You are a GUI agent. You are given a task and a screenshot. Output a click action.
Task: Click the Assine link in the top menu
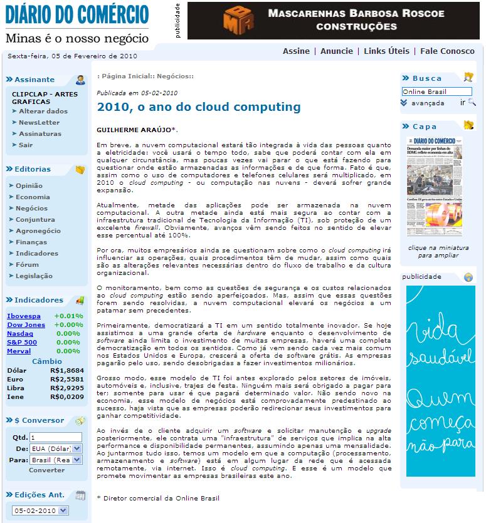click(x=296, y=51)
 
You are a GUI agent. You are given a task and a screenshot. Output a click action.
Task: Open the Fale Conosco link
click(x=447, y=51)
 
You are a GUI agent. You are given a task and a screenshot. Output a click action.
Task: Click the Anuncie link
click(x=337, y=51)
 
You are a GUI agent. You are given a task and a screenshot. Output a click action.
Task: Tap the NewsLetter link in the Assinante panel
click(x=39, y=123)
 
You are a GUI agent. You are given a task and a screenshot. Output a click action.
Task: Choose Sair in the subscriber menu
click(x=26, y=145)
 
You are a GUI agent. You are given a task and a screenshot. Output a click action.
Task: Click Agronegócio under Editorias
click(x=38, y=231)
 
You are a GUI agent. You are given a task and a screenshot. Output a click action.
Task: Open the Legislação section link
click(x=34, y=276)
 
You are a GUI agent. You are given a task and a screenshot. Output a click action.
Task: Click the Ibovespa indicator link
click(x=24, y=316)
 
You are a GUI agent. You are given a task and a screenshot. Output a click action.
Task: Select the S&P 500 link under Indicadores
click(x=22, y=343)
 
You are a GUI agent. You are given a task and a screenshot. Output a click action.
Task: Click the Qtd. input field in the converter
click(x=55, y=437)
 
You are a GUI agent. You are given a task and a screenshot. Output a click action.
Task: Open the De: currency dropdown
click(x=56, y=448)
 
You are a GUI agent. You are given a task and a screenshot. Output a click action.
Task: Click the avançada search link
click(x=428, y=103)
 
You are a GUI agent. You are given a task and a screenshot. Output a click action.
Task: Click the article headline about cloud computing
click(x=199, y=107)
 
